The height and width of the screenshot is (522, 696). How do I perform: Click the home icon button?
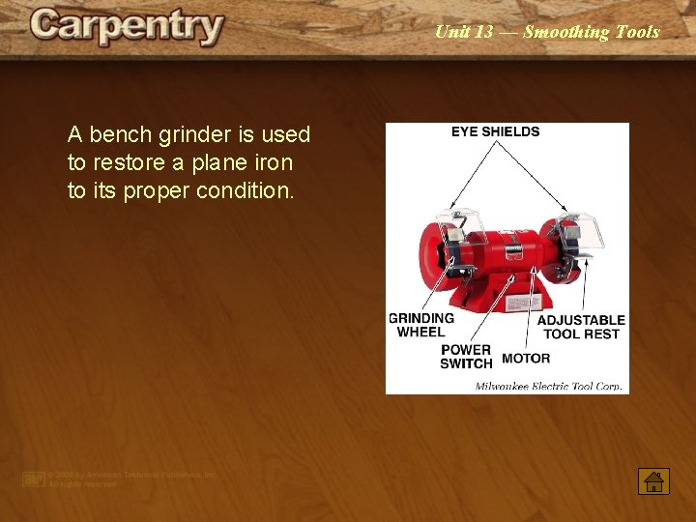click(653, 480)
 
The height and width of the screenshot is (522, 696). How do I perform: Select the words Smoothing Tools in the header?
click(592, 32)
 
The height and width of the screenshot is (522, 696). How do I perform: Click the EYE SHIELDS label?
click(495, 131)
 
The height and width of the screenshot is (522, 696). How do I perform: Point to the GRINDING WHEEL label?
click(421, 325)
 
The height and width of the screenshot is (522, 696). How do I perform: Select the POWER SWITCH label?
click(466, 357)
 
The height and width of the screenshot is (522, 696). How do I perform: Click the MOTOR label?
click(526, 358)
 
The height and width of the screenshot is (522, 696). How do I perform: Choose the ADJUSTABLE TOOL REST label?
click(581, 327)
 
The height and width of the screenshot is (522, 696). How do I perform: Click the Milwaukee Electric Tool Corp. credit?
click(548, 387)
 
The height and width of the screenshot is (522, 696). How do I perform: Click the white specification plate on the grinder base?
click(519, 300)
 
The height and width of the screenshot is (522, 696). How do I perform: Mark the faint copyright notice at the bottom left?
click(122, 479)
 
